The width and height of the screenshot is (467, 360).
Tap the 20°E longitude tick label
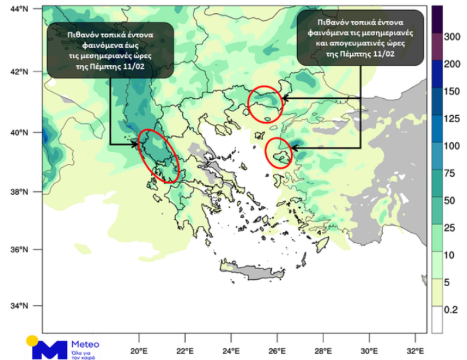139,350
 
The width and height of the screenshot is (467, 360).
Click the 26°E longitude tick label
278,350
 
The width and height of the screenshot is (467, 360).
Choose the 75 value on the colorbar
451,172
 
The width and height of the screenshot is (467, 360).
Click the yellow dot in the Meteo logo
32,340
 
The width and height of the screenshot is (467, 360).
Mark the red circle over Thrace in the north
265,104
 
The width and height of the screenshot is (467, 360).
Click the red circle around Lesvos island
278,153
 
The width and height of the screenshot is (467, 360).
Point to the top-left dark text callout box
110,50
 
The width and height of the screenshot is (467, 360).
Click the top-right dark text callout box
360,38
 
